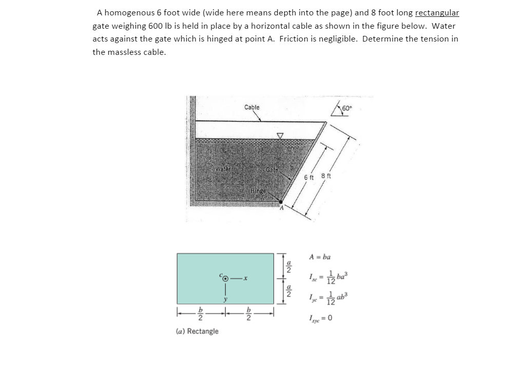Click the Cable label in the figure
[x=251, y=107]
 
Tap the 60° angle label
[x=347, y=108]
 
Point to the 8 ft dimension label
[x=326, y=176]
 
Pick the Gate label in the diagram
[x=272, y=170]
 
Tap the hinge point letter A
[x=281, y=208]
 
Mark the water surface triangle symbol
[x=280, y=136]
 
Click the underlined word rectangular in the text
[x=437, y=12]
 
